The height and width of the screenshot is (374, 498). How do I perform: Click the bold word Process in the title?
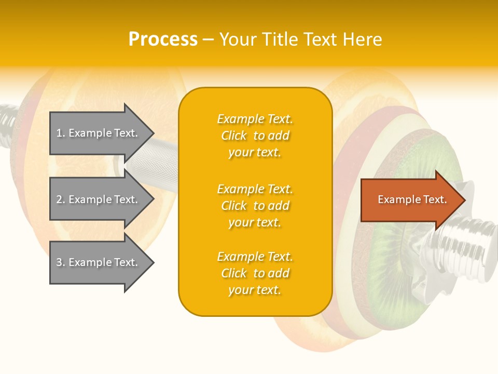[163, 39]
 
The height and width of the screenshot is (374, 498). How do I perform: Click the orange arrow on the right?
[410, 200]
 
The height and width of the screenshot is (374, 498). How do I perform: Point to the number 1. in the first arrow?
[61, 133]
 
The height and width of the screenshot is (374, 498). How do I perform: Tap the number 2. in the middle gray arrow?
[61, 199]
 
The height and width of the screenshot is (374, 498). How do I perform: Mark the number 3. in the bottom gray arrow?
[61, 262]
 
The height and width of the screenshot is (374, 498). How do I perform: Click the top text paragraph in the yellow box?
[255, 136]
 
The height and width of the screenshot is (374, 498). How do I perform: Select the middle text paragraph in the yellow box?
[255, 206]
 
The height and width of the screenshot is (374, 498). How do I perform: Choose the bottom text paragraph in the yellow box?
[255, 273]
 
